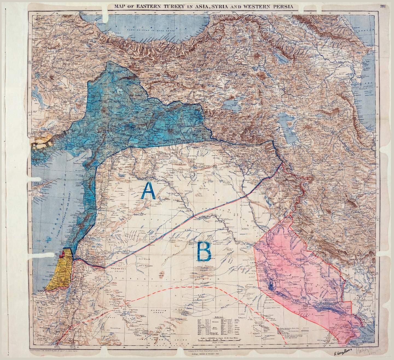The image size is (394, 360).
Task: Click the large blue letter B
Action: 204,251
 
